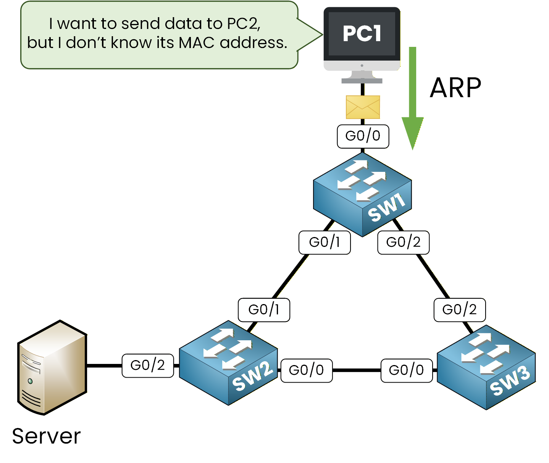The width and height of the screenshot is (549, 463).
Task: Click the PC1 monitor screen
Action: [362, 34]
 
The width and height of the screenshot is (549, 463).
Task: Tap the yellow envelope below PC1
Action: [363, 107]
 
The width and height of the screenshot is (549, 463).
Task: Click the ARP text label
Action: [455, 88]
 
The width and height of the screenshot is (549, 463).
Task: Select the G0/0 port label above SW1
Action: [363, 136]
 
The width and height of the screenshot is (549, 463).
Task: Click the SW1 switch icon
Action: [362, 195]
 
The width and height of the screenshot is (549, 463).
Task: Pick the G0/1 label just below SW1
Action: [325, 242]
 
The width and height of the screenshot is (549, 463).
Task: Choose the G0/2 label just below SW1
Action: [403, 242]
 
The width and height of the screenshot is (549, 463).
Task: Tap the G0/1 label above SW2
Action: [264, 310]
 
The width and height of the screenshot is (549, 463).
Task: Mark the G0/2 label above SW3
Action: [460, 310]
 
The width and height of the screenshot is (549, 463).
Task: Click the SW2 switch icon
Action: [228, 363]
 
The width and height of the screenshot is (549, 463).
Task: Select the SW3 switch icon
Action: [486, 367]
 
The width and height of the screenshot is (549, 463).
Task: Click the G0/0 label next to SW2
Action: [306, 370]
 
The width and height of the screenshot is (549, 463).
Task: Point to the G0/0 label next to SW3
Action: [406, 370]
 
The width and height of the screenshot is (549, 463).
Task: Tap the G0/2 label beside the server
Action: [148, 365]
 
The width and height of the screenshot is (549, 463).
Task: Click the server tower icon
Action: [52, 368]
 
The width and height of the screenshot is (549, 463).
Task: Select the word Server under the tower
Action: [46, 436]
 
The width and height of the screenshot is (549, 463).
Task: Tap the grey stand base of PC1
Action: [362, 81]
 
